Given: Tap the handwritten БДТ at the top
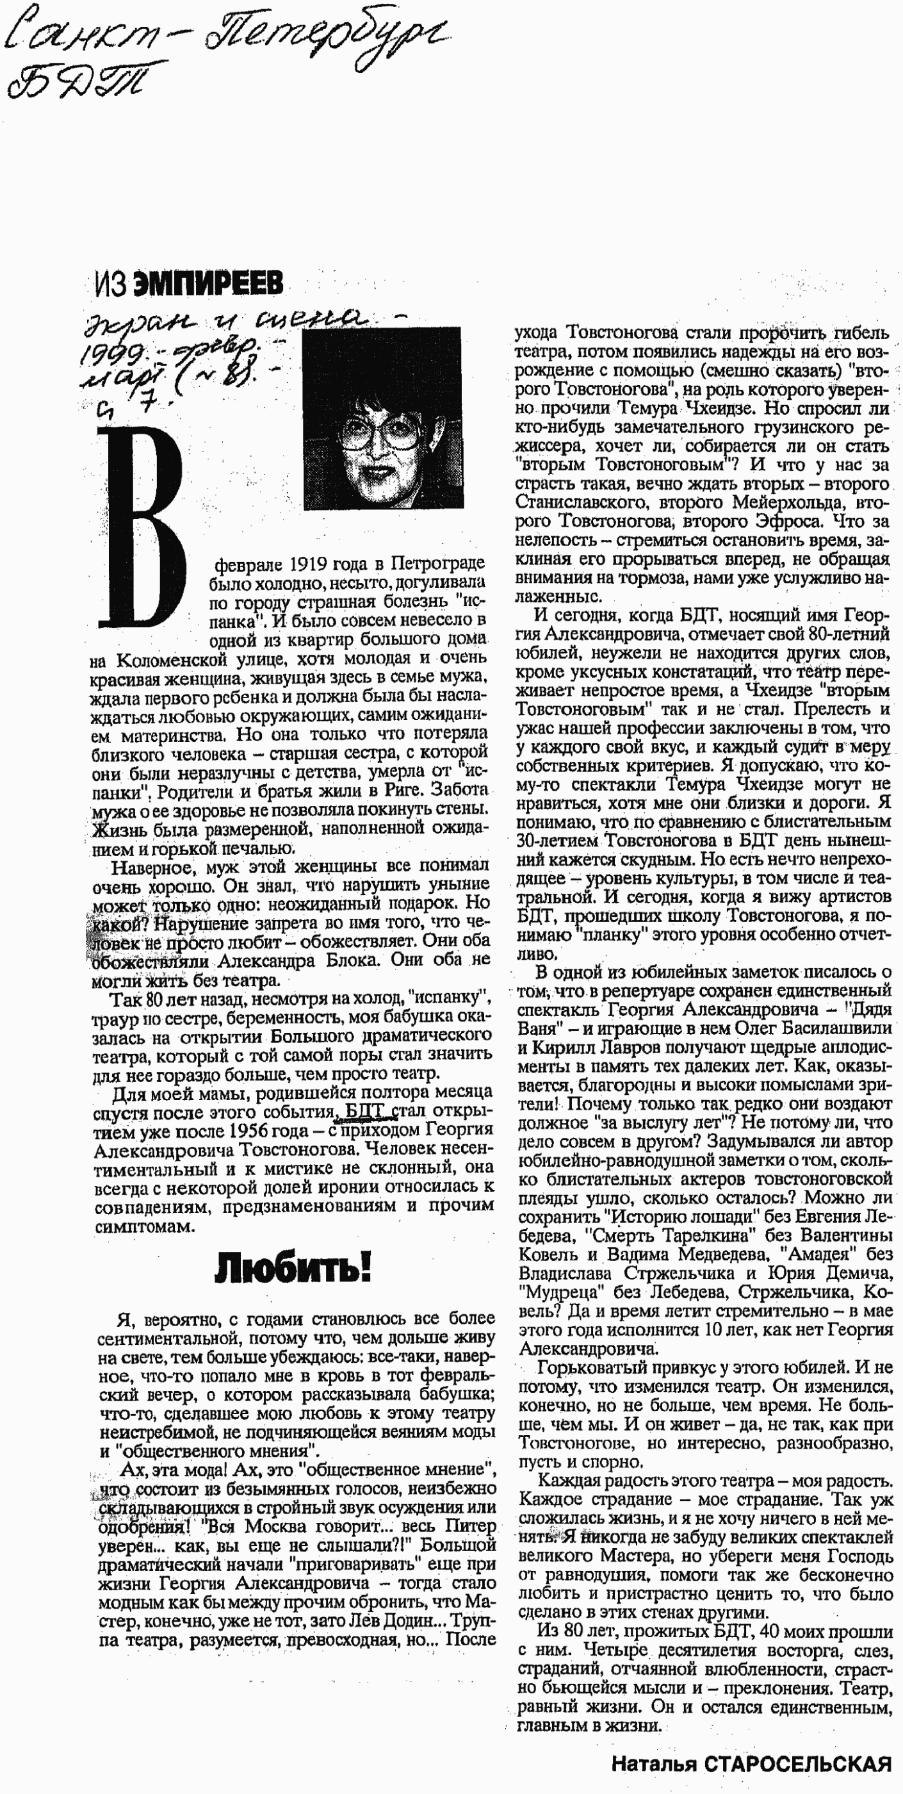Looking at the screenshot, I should tap(83, 81).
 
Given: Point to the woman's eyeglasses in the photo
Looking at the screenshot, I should tap(381, 434).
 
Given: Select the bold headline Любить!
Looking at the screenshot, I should tap(293, 1267).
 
